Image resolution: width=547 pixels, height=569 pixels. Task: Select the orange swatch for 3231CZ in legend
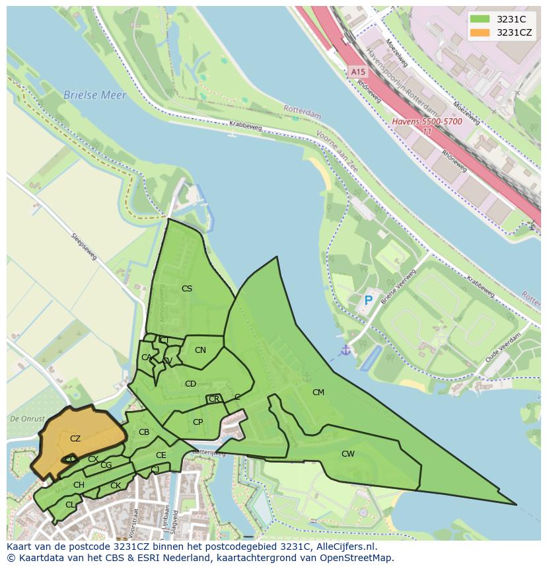(480, 32)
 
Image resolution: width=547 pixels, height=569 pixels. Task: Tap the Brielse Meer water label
(94, 95)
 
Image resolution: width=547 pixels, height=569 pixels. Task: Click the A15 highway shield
(357, 71)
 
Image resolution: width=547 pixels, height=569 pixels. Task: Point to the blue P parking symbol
(369, 301)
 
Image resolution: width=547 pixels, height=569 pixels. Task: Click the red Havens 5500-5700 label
(427, 122)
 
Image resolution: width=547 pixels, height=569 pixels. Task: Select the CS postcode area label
(187, 289)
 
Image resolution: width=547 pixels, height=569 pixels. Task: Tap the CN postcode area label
(200, 350)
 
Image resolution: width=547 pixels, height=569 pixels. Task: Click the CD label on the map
(190, 384)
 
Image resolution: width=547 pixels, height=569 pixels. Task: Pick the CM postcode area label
(318, 393)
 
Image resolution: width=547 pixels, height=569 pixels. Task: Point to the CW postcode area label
(348, 454)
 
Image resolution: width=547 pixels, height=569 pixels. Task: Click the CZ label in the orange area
(75, 439)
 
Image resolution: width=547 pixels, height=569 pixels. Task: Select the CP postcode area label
(198, 422)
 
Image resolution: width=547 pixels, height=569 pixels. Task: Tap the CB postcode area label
(144, 433)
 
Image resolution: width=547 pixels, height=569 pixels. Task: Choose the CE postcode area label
(161, 455)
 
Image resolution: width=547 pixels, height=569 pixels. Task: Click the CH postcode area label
(79, 485)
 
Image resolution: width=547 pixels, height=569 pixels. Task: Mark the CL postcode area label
(70, 505)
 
